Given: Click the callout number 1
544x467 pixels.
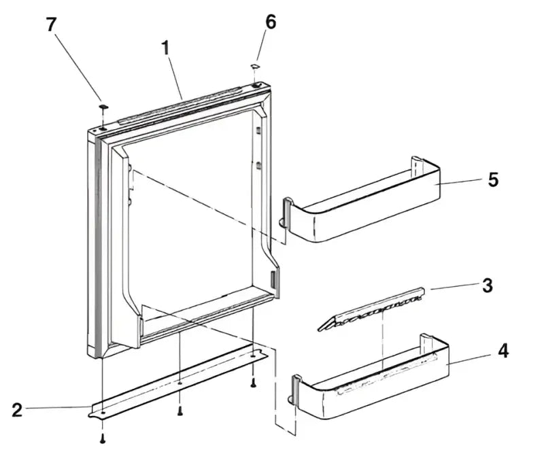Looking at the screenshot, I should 165,48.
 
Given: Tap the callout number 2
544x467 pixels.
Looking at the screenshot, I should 18,409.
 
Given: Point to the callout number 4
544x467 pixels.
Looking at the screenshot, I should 503,351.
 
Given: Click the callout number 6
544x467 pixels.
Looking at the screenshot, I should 271,22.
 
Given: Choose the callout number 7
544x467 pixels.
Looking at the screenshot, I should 50,24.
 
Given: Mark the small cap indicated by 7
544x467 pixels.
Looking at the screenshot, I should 103,107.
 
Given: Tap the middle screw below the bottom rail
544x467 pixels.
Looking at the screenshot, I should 180,411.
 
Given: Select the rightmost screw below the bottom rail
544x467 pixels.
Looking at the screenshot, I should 252,383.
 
